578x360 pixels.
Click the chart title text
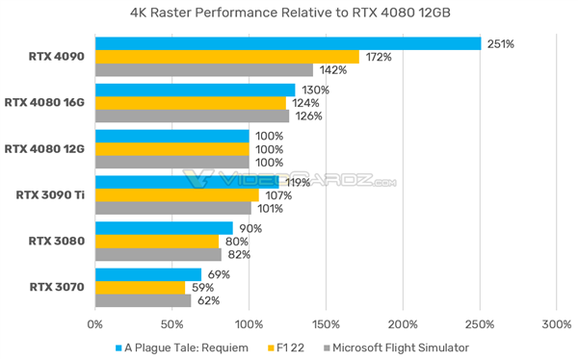click(289, 13)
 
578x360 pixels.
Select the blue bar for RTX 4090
click(287, 43)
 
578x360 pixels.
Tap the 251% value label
click(499, 43)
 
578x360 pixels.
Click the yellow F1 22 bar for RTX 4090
click(226, 57)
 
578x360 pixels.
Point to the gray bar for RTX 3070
click(143, 300)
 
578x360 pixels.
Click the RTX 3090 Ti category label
click(51, 195)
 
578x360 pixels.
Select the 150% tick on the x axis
click(326, 324)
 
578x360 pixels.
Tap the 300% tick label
click(556, 324)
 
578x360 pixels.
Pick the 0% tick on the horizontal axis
click(95, 324)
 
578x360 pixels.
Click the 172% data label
click(378, 57)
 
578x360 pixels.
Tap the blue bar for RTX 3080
click(164, 228)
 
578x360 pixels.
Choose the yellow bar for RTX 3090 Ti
click(177, 195)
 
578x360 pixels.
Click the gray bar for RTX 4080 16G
click(192, 116)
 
